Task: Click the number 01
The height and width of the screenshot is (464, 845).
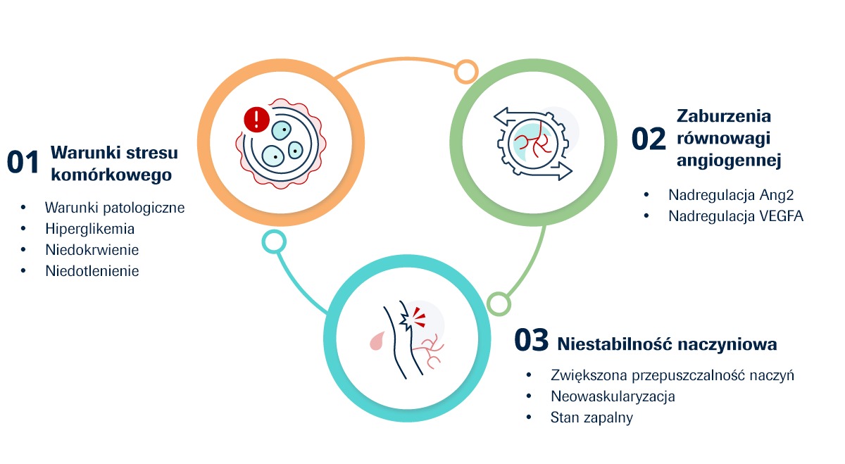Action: coord(23,162)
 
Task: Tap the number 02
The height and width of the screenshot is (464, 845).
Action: coord(649,139)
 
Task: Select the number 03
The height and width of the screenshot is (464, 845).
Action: coord(531,339)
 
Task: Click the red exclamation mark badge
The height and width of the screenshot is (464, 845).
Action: coord(256,120)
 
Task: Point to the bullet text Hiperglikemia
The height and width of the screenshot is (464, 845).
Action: coord(90,229)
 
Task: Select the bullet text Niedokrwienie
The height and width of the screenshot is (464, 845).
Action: coord(92,250)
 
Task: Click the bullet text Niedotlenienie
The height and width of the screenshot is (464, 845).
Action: coord(92,271)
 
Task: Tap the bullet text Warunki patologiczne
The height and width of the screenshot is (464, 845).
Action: coord(115,208)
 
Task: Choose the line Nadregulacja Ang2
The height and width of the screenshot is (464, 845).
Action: coord(731,195)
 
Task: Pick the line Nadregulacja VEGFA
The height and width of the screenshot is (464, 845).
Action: coord(736,216)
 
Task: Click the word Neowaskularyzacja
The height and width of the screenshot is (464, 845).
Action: coord(613,396)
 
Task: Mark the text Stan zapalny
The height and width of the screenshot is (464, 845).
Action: coord(591,418)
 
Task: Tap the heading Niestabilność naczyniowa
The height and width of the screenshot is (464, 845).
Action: coord(667,344)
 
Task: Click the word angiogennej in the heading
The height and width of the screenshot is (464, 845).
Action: coord(729,161)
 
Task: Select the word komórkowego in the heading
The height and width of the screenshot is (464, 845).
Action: coord(111,175)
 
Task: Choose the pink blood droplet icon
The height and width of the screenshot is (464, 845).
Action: coord(377,341)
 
